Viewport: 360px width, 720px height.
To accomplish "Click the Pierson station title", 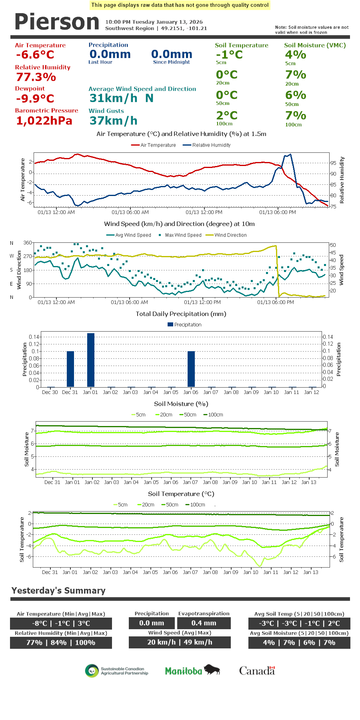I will coord(57,22).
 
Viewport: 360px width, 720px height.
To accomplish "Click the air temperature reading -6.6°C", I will coord(35,55).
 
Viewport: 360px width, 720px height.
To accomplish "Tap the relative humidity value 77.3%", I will coord(36,77).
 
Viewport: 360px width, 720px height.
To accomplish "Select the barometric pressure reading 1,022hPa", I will coord(44,120).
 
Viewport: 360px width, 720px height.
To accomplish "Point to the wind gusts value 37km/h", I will coord(113,120).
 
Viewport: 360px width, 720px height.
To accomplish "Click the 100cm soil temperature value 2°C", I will coord(227,115).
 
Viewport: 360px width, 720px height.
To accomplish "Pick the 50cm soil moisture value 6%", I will coord(296,95).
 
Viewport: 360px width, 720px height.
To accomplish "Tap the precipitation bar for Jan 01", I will coord(91,360).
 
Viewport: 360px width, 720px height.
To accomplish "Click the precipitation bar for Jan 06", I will coord(191,369).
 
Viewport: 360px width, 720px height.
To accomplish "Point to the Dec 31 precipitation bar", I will coord(70,369).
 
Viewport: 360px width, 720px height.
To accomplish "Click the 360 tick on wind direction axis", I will coord(28,243).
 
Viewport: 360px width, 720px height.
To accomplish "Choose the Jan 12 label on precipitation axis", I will coord(312,392).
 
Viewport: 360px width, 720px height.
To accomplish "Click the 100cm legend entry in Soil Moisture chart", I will coord(215,415).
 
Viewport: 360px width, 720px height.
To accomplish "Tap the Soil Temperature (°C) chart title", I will coord(181,494).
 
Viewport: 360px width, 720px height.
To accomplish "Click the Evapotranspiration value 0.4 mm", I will coord(204,623).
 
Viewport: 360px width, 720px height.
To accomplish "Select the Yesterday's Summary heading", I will coord(58,590).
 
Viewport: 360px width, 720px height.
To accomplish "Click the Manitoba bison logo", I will coord(192,670).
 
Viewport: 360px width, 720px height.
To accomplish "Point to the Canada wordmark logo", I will coord(257,670).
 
